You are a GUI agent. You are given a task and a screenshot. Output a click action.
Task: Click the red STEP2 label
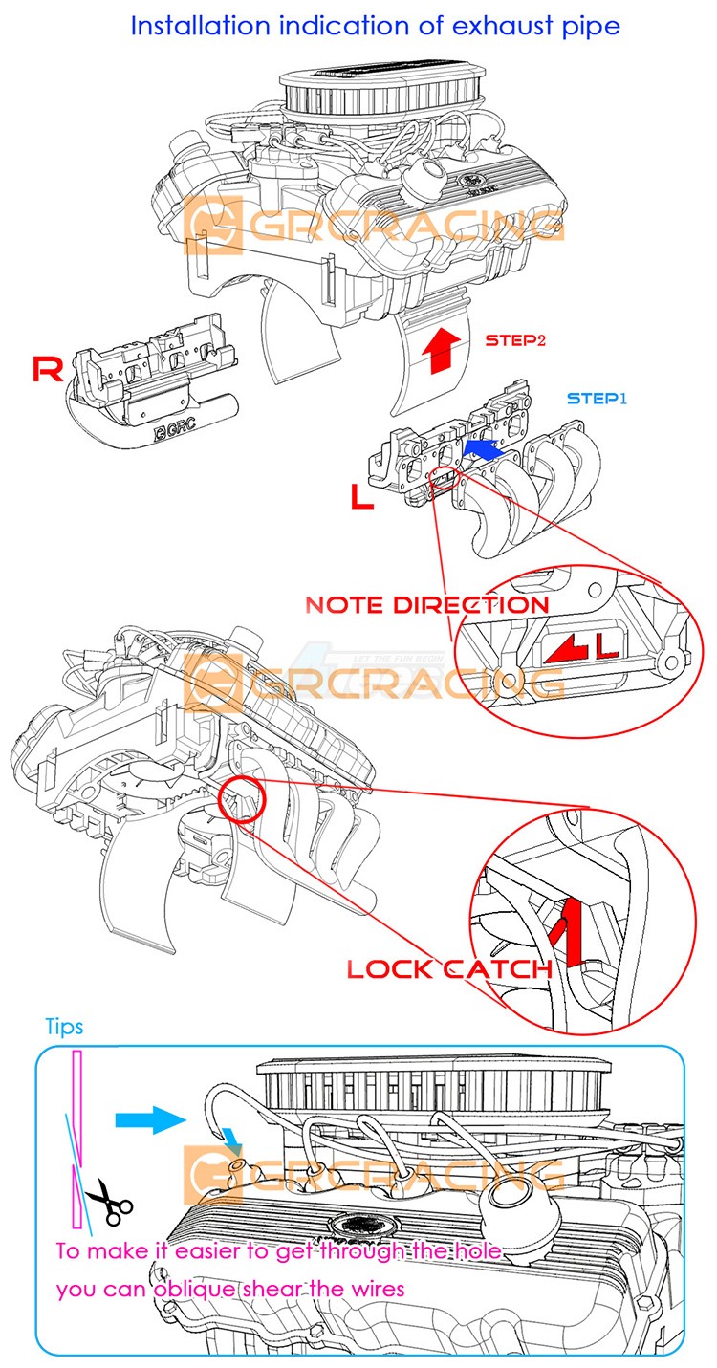pos(516,339)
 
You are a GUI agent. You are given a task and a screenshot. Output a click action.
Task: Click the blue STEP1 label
pos(597,398)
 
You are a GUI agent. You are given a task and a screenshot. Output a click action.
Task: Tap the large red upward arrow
pos(441,349)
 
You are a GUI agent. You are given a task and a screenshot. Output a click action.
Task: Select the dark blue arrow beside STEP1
pos(485,447)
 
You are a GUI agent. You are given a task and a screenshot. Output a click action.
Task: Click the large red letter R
pos(48,369)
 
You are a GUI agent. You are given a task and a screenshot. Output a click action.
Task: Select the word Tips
pos(64,1027)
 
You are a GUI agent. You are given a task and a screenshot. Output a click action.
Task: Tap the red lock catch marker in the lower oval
pos(567,933)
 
